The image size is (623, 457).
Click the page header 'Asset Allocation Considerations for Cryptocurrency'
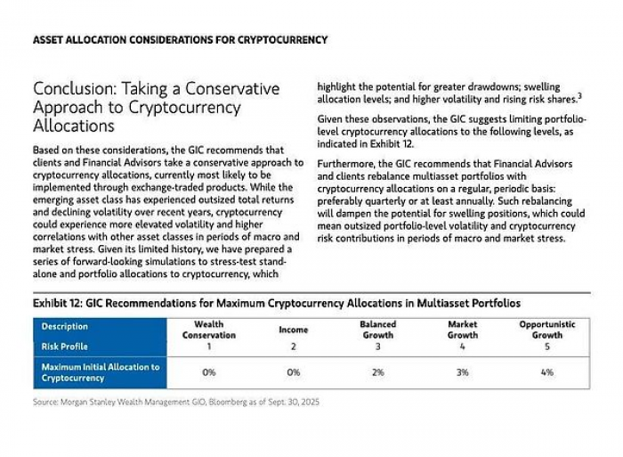[179, 40]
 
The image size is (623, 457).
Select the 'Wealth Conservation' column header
[208, 330]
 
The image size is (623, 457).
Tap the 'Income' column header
[294, 330]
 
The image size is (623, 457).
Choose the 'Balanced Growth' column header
[377, 330]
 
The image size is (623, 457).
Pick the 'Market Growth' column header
[463, 330]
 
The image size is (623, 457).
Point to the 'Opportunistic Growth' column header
[546, 330]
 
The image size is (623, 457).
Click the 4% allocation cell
[546, 372]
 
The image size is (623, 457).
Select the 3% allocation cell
[463, 372]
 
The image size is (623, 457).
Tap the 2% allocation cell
[377, 372]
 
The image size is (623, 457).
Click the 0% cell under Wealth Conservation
[208, 372]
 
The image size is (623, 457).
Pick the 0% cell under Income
[294, 372]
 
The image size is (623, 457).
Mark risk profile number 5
[546, 347]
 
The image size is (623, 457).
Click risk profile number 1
[208, 347]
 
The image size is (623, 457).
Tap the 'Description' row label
[65, 327]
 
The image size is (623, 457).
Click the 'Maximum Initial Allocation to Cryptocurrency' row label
[100, 372]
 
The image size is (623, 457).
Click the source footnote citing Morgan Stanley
[176, 402]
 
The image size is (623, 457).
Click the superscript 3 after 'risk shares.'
[579, 95]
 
